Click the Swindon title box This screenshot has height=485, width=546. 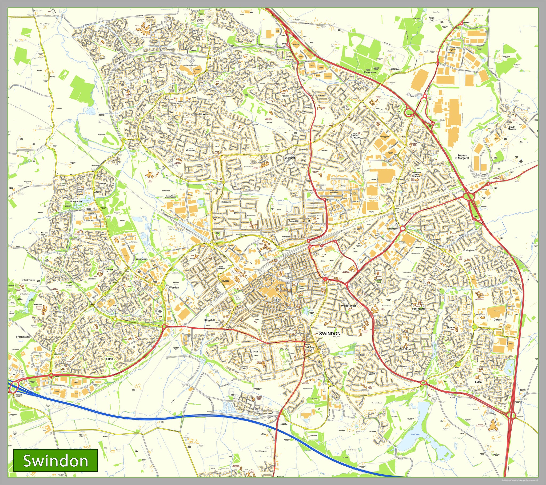(x=55, y=460)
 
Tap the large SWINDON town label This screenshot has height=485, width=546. (x=330, y=333)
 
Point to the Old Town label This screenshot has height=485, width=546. (x=310, y=347)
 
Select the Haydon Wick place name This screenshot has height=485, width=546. (x=201, y=114)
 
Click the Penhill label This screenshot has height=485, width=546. (x=285, y=96)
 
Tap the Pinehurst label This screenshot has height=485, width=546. (x=289, y=158)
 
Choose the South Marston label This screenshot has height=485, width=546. (x=512, y=128)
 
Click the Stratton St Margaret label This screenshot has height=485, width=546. (x=462, y=157)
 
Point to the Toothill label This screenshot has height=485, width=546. (x=109, y=359)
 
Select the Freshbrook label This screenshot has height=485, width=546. (x=23, y=337)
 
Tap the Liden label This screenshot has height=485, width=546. (x=478, y=382)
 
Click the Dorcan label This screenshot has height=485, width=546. (x=498, y=320)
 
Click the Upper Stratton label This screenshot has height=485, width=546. (x=355, y=136)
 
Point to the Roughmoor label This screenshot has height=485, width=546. (x=76, y=201)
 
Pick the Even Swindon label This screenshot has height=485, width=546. (x=221, y=268)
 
